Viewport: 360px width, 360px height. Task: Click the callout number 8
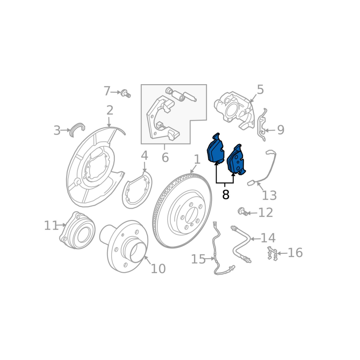(x=225, y=195)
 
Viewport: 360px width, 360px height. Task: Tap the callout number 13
(x=269, y=196)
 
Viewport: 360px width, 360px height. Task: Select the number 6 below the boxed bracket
(x=165, y=158)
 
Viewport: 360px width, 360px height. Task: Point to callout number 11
(x=51, y=225)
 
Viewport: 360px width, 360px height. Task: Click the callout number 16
(x=295, y=253)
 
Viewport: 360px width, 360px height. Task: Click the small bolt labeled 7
(x=126, y=94)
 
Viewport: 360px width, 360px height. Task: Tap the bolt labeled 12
(x=242, y=211)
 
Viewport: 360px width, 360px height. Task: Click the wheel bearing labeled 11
(x=77, y=231)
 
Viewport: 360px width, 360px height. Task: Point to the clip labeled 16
(x=272, y=254)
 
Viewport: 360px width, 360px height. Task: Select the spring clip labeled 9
(x=261, y=126)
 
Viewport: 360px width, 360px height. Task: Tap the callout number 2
(x=109, y=110)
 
